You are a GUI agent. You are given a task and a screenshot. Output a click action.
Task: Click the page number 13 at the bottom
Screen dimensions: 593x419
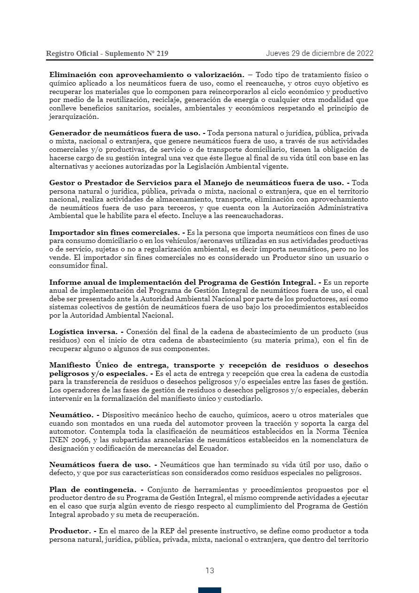coord(209,570)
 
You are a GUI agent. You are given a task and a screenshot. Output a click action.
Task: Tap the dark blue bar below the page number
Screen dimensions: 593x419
coord(209,590)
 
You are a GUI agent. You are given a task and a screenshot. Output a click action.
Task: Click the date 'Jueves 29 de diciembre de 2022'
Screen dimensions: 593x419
coord(319,53)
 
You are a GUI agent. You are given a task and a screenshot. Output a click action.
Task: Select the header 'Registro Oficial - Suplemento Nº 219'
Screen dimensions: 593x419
coord(107,54)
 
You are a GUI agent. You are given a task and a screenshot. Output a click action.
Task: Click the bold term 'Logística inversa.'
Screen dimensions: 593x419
coord(83,332)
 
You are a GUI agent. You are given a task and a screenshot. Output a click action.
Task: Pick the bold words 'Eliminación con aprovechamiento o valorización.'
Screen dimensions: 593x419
coord(147,74)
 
